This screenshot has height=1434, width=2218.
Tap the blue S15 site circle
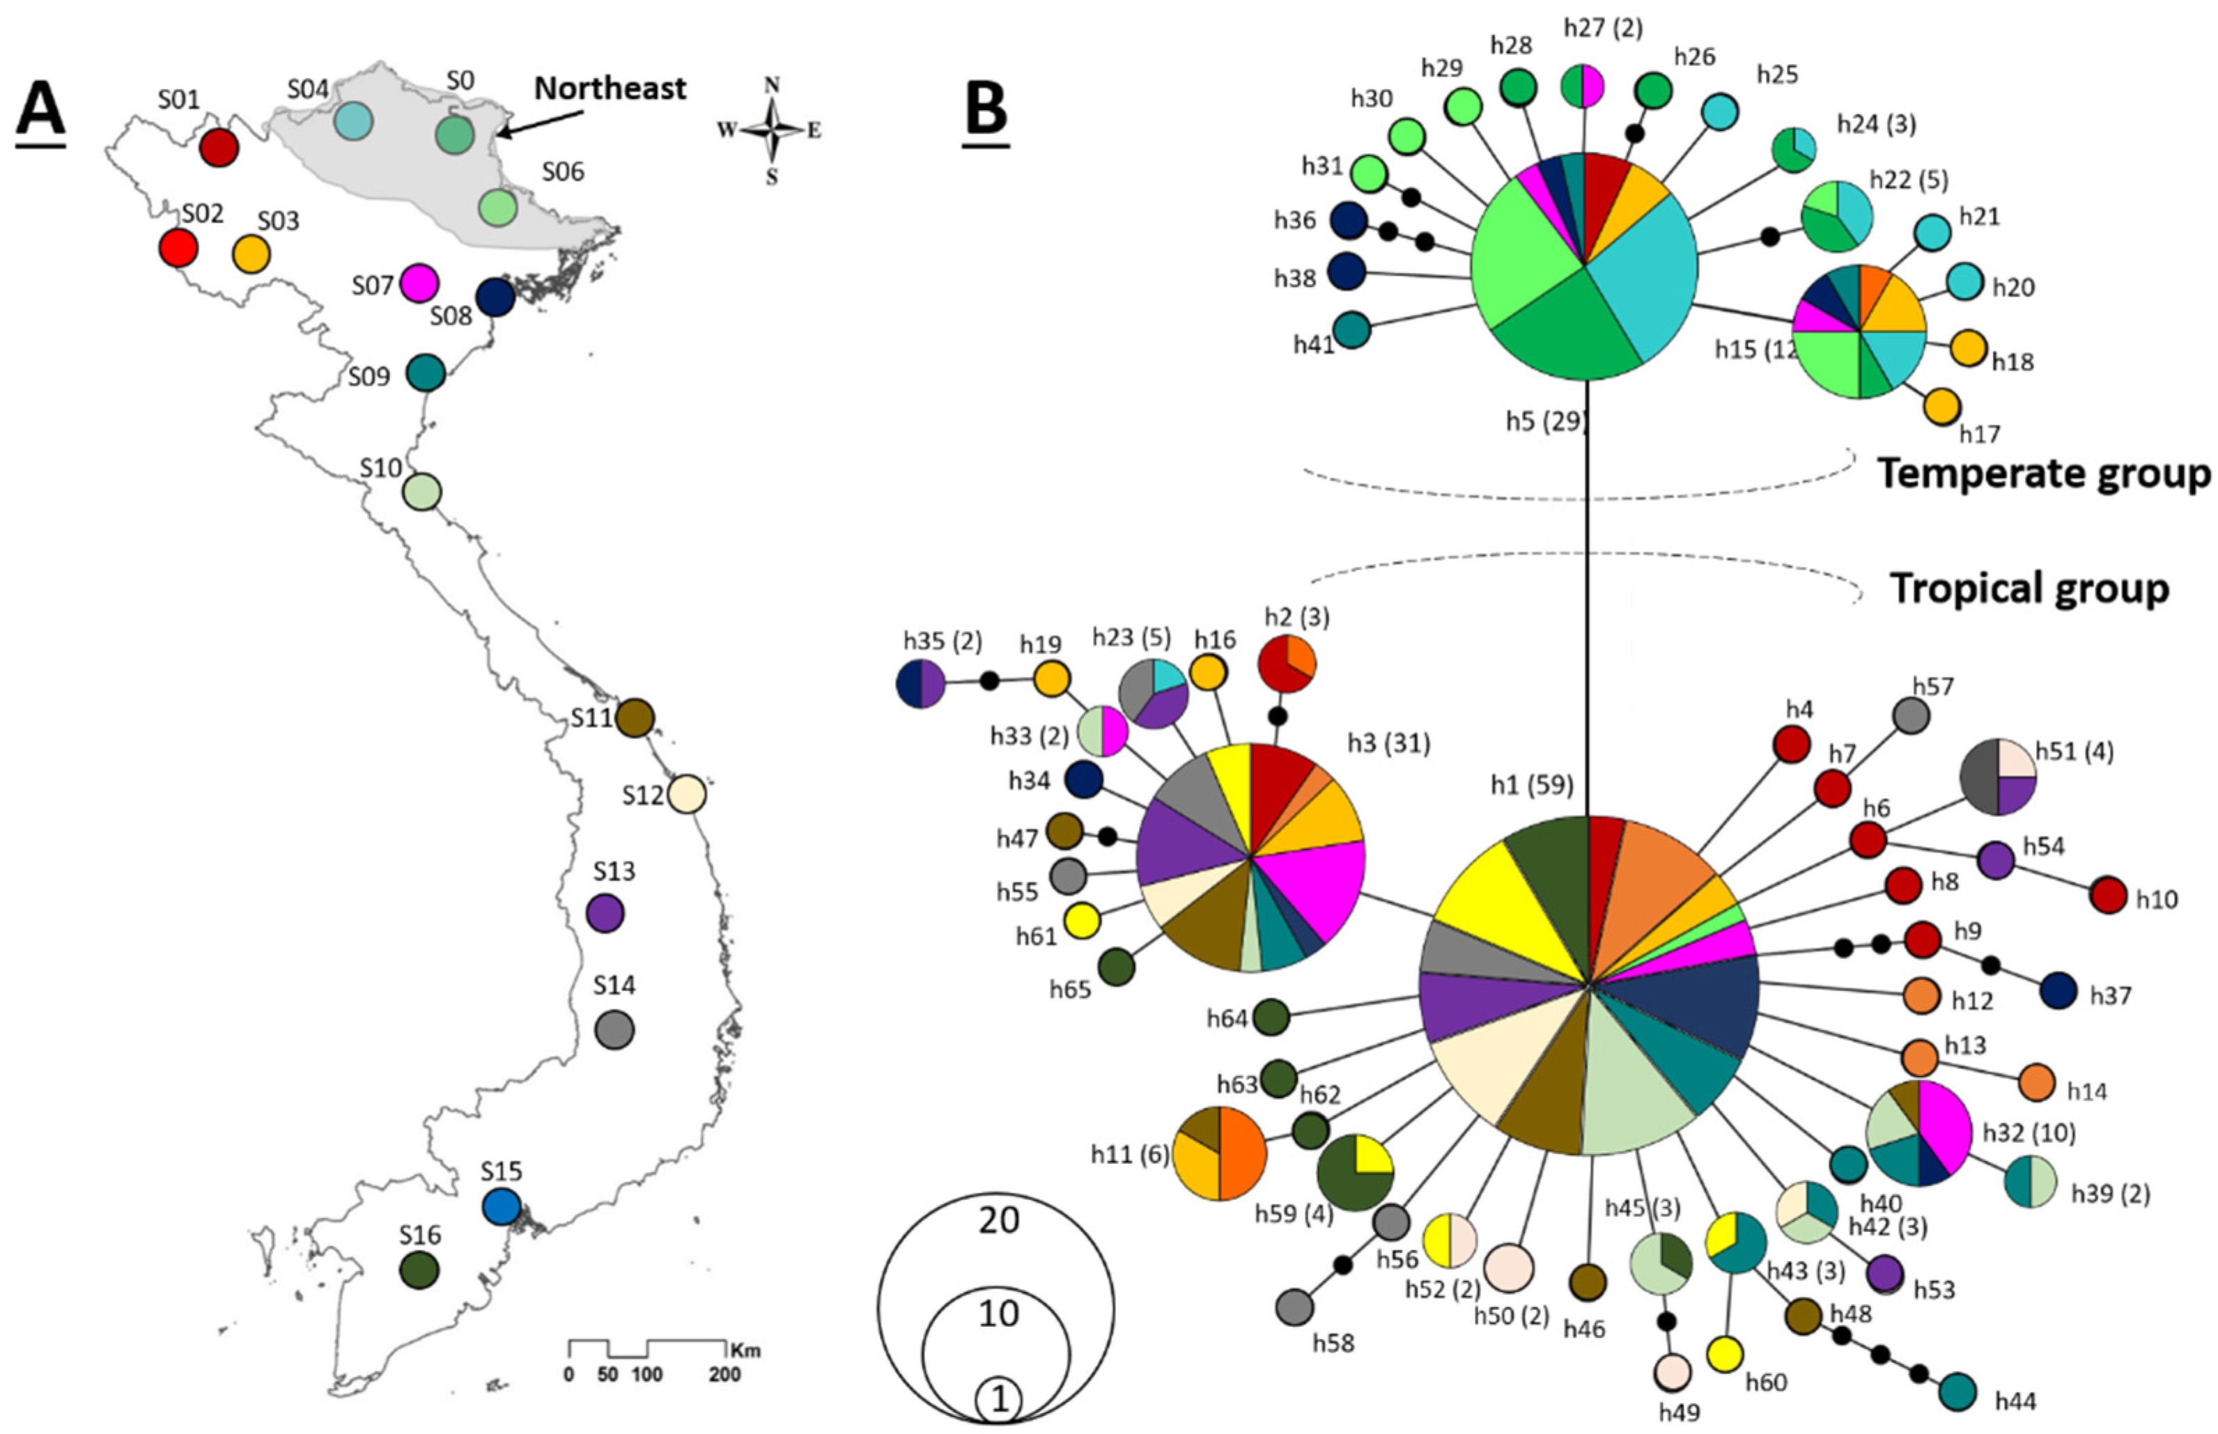click(x=501, y=1207)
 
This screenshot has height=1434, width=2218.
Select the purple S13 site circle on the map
click(x=605, y=914)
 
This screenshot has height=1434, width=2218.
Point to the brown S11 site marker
click(x=636, y=718)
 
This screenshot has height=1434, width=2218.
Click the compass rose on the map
click(x=771, y=130)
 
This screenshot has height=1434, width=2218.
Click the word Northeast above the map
click(x=610, y=88)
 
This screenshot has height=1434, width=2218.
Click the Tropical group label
click(x=2028, y=589)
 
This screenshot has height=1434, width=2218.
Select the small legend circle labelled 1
click(x=998, y=1400)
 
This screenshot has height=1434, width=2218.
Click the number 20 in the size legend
click(x=998, y=1219)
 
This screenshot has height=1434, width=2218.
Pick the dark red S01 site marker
click(x=219, y=147)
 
